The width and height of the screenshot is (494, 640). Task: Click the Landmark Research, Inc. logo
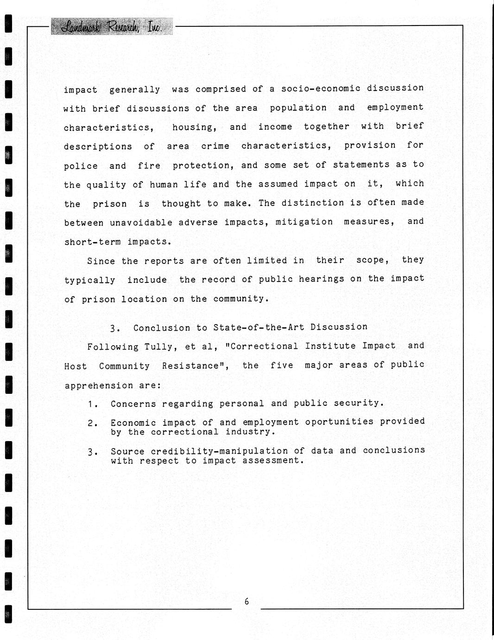tap(111, 27)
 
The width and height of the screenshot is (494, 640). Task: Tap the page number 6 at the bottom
tap(247, 602)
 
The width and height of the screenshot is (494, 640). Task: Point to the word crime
tap(215, 146)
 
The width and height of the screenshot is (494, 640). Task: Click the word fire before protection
tap(149, 166)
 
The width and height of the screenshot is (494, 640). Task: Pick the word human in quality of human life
tap(164, 185)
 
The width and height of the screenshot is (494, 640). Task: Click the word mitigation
tap(304, 222)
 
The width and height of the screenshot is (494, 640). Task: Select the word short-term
tap(92, 242)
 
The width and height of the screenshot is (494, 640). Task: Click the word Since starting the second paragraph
tap(101, 261)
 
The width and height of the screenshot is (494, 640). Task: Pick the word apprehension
tap(99, 385)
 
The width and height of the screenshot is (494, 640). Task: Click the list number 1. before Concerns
tap(93, 404)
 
